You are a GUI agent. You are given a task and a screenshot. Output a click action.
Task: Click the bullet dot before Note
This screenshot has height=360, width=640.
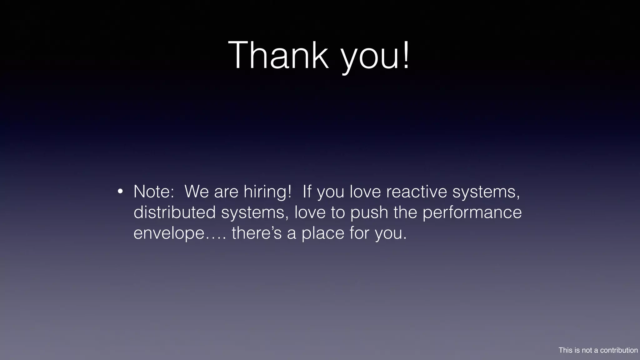point(120,191)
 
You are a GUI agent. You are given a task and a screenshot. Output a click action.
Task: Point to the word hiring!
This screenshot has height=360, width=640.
point(267,191)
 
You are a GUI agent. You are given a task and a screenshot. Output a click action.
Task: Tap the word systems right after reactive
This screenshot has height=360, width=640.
point(486,192)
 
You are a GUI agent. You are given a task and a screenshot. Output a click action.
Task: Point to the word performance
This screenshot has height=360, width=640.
point(472,212)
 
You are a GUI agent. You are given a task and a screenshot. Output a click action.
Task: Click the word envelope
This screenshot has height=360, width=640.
point(169,233)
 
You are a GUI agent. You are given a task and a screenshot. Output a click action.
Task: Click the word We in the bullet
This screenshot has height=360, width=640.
point(197,191)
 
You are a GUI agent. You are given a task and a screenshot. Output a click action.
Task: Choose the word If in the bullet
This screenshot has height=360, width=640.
point(307,191)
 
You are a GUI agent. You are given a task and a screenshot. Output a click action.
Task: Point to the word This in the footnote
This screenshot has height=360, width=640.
point(566,350)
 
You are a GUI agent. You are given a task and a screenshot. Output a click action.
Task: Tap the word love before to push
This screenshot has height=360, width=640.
point(310,212)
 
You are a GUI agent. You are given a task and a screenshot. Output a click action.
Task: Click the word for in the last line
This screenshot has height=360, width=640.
point(359,233)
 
